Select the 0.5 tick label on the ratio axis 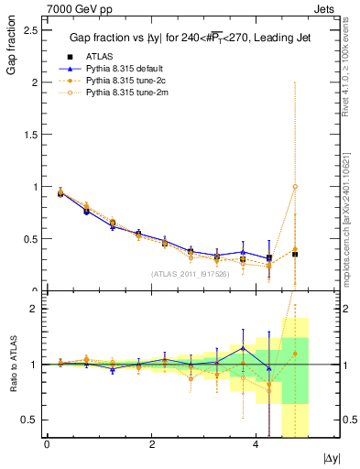[29, 420]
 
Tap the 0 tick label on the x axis [47, 444]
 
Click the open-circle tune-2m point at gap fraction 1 [294, 187]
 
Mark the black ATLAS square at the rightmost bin [294, 254]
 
